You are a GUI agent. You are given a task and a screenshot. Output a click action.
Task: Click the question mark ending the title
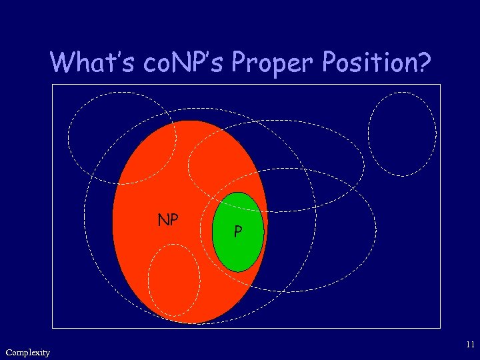click(425, 63)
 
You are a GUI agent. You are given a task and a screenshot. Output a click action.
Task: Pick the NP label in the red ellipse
click(167, 219)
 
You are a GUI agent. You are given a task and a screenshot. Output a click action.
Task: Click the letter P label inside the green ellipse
click(238, 232)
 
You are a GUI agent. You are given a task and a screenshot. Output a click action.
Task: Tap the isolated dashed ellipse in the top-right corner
click(402, 133)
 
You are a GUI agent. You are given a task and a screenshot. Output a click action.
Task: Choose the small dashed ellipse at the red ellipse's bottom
click(173, 281)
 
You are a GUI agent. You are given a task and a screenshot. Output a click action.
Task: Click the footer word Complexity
click(27, 352)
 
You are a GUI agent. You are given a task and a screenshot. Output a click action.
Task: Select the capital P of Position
click(331, 63)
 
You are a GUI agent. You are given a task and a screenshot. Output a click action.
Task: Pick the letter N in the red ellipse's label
click(163, 219)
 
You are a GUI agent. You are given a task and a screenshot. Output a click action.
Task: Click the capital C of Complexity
click(8, 351)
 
